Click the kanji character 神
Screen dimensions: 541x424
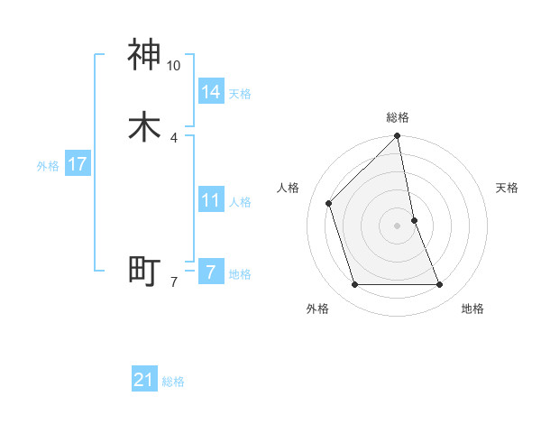point(145,55)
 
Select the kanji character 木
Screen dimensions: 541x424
point(145,126)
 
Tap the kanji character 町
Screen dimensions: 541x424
point(145,271)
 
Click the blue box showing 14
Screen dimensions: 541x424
point(211,91)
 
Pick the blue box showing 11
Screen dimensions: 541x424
point(211,200)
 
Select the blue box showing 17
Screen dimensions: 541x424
point(77,164)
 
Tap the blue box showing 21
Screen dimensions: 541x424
point(144,380)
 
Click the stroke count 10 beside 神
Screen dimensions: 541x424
point(174,66)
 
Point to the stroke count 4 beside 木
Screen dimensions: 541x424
point(174,137)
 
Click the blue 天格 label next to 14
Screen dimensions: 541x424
point(240,94)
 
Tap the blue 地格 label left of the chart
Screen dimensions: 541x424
point(240,274)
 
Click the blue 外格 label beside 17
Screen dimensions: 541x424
point(48,166)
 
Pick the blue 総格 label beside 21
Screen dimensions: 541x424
point(173,382)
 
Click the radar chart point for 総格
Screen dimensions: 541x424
point(398,137)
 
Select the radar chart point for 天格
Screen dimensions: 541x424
point(414,220)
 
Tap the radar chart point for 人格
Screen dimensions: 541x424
point(329,203)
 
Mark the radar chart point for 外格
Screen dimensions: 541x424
point(355,284)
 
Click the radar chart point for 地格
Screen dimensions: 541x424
point(440,284)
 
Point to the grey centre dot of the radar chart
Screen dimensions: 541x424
point(398,226)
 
